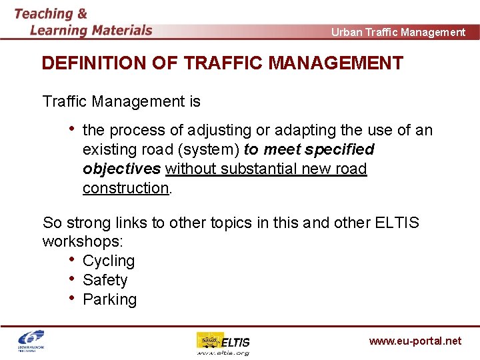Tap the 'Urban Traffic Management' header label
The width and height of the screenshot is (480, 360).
click(x=398, y=32)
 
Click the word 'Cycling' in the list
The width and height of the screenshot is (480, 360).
click(x=109, y=261)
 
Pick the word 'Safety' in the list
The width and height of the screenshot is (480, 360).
click(x=105, y=280)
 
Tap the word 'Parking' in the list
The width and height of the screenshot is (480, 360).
click(x=109, y=299)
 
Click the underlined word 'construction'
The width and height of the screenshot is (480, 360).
click(x=126, y=188)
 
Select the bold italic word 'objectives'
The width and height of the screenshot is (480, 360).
click(x=122, y=169)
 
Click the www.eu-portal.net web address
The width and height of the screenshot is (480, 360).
click(x=415, y=341)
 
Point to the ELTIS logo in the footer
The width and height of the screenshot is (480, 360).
click(x=223, y=343)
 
